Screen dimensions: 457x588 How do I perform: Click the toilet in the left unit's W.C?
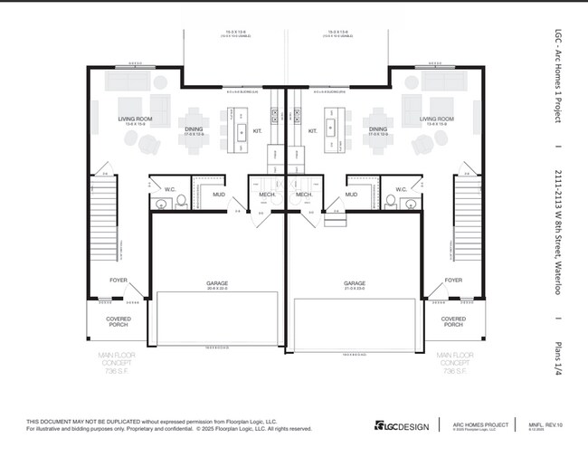point(181,200)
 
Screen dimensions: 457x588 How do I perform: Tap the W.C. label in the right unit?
point(403,189)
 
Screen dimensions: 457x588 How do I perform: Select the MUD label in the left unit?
point(219,194)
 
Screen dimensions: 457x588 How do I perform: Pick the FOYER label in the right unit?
point(453,281)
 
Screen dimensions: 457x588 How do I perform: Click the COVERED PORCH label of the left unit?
point(119,322)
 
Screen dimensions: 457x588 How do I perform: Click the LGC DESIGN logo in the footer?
point(399,425)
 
